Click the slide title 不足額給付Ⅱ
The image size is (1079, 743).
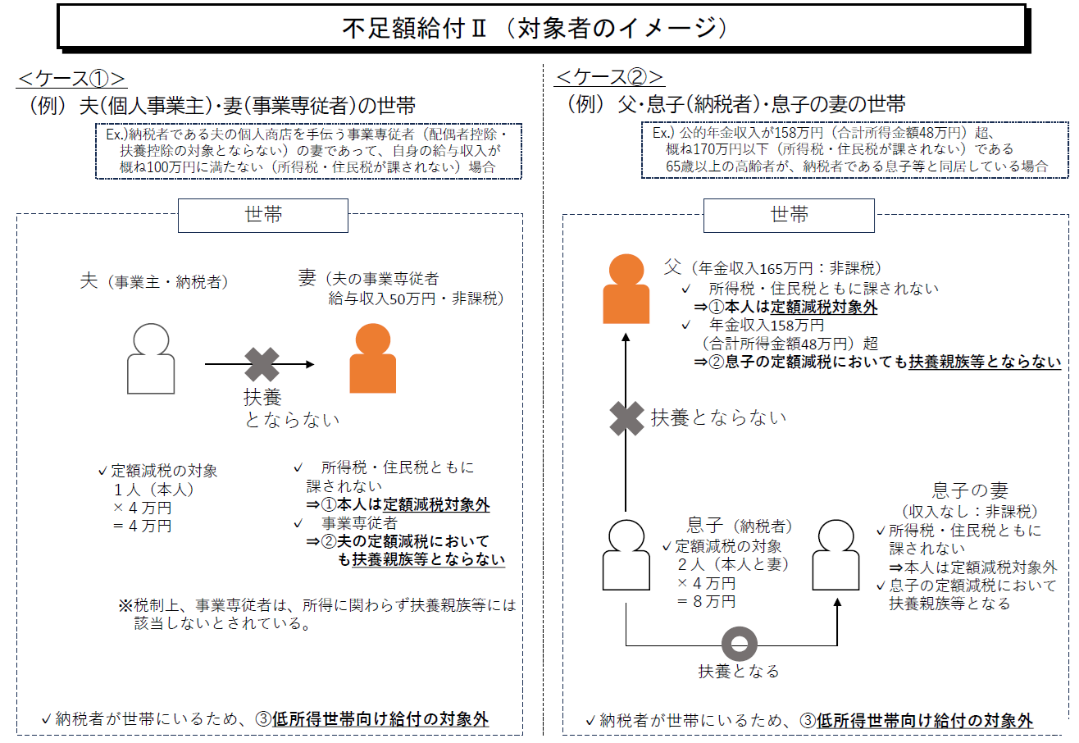tap(414, 29)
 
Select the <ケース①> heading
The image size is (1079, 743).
tap(71, 78)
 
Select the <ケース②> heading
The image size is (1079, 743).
tap(609, 76)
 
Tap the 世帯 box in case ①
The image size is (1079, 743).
tap(263, 216)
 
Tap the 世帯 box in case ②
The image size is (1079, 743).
tap(789, 216)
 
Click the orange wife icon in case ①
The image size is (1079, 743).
tap(373, 358)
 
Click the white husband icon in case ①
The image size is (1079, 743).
tap(151, 358)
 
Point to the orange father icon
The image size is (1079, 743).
tap(626, 289)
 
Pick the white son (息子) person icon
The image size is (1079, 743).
tap(626, 554)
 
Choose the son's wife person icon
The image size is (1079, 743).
tap(835, 554)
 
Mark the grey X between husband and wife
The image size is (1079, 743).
tap(262, 364)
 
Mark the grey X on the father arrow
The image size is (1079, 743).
tap(626, 418)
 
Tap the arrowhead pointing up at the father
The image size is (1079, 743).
tap(626, 337)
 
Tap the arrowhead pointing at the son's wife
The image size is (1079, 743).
tap(837, 602)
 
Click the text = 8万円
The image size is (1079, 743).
tap(706, 601)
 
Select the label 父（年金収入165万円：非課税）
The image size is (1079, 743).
tap(772, 267)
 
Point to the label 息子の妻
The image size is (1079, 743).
tap(970, 490)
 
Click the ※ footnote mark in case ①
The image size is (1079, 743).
tap(125, 605)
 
